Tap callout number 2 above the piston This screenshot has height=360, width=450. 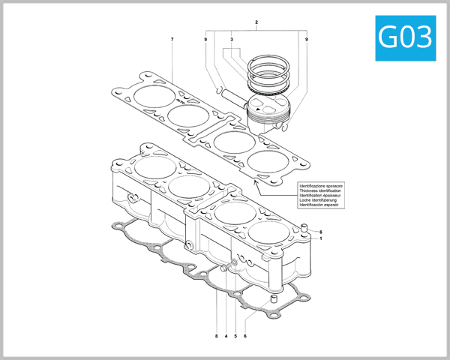(x=256, y=23)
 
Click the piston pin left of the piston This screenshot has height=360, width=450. (x=223, y=93)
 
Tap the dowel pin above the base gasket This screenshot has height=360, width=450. (x=274, y=299)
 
